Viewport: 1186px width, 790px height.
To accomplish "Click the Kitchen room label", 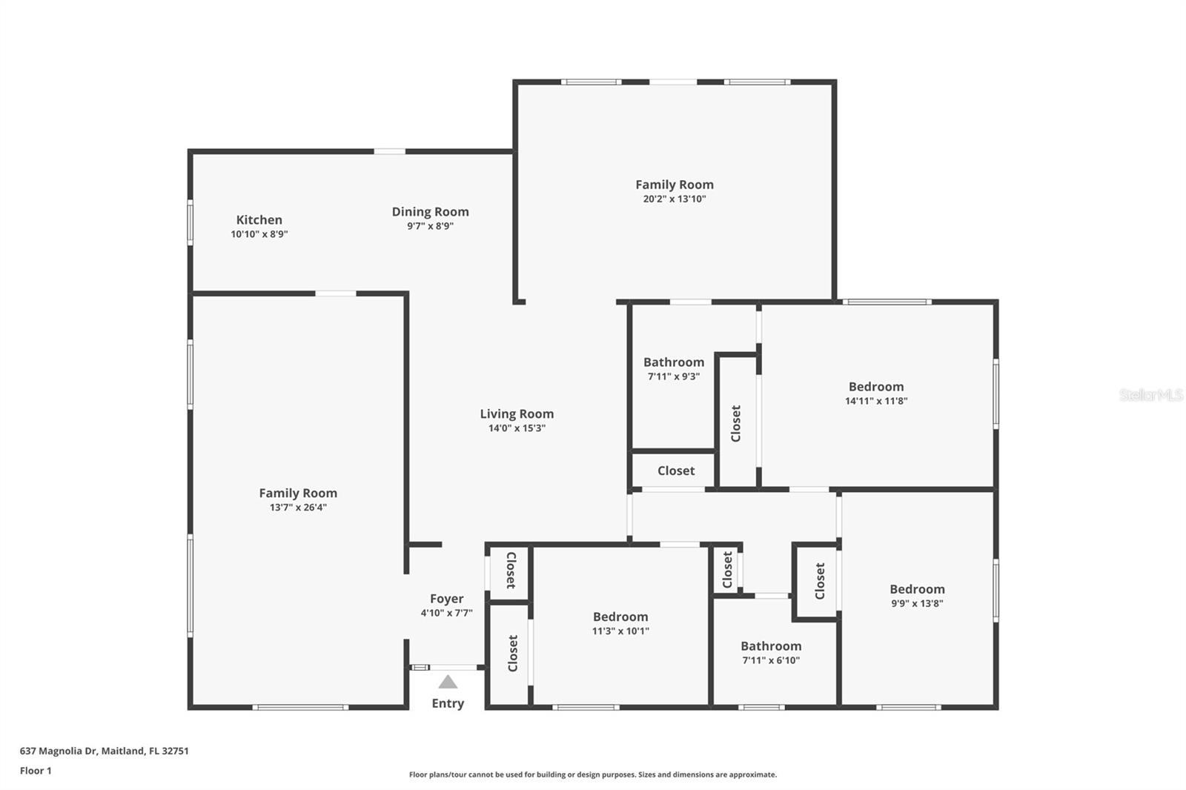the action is [259, 220].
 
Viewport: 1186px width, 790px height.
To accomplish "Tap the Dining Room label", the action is [431, 212].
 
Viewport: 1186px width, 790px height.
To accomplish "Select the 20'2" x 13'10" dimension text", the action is [675, 199].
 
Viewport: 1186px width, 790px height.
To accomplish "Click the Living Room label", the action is [517, 414].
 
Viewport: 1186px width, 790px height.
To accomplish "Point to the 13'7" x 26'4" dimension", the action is [298, 507].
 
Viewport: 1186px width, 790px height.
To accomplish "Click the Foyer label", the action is [446, 599].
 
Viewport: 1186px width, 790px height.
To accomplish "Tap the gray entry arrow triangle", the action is [448, 682].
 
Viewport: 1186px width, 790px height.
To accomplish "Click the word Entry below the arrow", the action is [448, 704].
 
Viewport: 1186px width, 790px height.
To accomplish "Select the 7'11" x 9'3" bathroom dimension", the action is [674, 376].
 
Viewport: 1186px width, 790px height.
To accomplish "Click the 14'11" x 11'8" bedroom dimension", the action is [876, 401].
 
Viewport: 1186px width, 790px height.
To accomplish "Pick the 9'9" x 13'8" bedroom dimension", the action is [917, 603].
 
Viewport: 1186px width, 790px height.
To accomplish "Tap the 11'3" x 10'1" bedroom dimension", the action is [620, 631].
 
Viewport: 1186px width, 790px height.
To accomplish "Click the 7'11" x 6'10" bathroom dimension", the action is [771, 660].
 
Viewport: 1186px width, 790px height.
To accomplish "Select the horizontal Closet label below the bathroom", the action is [676, 471].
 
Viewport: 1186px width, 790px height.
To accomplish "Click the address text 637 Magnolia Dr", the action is [59, 751].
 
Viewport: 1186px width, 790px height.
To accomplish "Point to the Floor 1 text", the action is [36, 771].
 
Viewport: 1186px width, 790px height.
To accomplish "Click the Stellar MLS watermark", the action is [1151, 394].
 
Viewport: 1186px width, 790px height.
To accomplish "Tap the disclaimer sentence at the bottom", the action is [593, 774].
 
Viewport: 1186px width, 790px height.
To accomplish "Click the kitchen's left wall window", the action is [190, 222].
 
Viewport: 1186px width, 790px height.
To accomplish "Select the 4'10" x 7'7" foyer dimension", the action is [446, 613].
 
